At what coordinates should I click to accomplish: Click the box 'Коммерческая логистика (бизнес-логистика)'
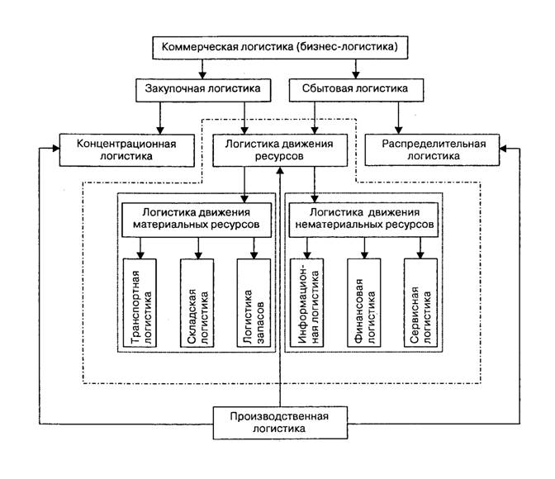point(280,47)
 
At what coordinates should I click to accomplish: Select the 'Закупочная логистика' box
point(203,90)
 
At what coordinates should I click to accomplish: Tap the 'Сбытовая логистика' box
point(356,90)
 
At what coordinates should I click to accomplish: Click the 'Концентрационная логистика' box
point(126,150)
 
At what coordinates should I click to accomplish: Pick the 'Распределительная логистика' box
point(432,149)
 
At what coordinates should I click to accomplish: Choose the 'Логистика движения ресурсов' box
point(280,150)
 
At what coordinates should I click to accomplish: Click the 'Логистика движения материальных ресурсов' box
point(197,220)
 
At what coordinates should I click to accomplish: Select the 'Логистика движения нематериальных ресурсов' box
point(363,220)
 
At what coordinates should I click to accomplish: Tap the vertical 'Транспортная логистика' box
point(140,303)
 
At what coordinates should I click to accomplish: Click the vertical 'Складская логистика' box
point(197,303)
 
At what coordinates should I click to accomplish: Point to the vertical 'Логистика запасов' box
point(254,303)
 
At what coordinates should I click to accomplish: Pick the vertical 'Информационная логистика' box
point(307,303)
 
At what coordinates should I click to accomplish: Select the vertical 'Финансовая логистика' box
point(364,303)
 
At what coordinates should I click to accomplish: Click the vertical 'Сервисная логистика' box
point(420,303)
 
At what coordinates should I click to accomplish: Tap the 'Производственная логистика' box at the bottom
point(280,423)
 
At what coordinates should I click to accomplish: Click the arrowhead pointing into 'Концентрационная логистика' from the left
point(56,149)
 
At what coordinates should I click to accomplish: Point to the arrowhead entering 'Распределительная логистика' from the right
point(503,149)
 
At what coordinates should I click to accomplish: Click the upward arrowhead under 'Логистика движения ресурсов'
point(280,170)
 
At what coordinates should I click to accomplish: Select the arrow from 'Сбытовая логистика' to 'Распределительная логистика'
point(399,118)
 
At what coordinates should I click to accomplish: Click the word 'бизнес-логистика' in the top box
point(348,47)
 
